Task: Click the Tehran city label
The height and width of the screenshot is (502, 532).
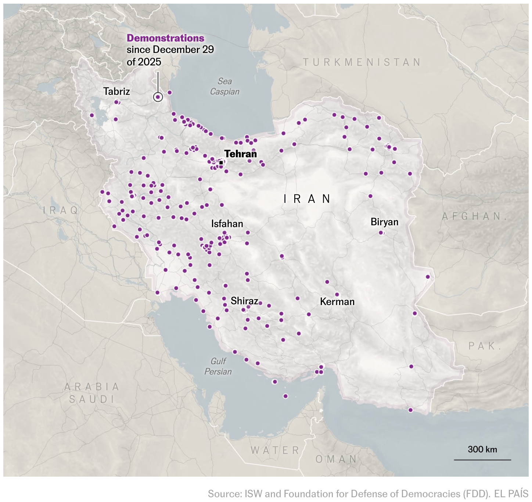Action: click(240, 154)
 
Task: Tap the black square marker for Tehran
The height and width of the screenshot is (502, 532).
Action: click(221, 162)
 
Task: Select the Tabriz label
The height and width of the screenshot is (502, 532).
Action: click(116, 91)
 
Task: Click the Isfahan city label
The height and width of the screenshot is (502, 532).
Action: click(227, 223)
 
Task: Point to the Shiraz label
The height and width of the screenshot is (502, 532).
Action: click(244, 301)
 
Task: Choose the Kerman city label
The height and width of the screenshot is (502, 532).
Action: click(337, 302)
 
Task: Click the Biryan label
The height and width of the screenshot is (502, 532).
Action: click(384, 222)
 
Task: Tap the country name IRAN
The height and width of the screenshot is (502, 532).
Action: click(307, 199)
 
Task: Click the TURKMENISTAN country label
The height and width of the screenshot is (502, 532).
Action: click(362, 62)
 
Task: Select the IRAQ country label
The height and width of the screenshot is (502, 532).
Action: click(61, 210)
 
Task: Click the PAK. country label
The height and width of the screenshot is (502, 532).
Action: click(485, 346)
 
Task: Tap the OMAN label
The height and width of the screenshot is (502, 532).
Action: click(336, 459)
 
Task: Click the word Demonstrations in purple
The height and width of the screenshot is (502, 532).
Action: click(165, 38)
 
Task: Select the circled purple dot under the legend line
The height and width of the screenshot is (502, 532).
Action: click(158, 97)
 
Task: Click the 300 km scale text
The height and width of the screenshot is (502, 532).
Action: click(482, 449)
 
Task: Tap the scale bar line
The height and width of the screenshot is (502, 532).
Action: click(482, 460)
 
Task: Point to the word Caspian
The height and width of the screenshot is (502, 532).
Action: click(224, 92)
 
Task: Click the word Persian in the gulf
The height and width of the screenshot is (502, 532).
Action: click(218, 372)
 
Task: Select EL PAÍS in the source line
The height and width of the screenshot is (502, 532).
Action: click(511, 494)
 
